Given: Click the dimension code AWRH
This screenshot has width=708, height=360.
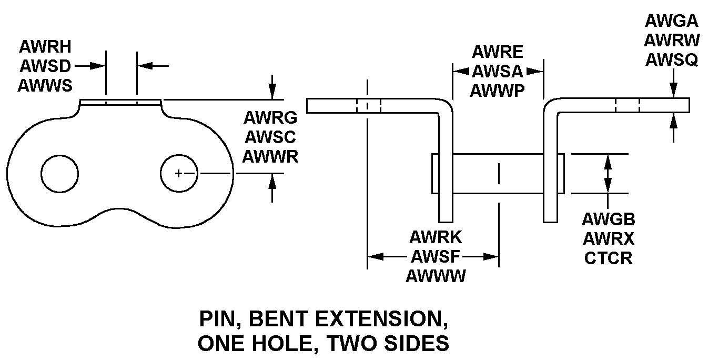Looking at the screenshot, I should click(x=45, y=47).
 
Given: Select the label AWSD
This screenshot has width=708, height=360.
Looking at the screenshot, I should click(x=45, y=66).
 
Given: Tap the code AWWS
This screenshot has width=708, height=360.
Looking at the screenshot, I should click(x=45, y=85).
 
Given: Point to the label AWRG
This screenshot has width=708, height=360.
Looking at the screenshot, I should click(x=271, y=117).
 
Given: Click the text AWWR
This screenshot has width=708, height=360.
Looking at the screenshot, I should click(x=271, y=156).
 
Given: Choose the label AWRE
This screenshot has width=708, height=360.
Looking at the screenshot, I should click(x=498, y=52).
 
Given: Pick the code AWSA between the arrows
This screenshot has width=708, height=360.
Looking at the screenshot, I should click(x=498, y=71).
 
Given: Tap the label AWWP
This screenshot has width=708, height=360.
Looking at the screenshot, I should click(x=498, y=91).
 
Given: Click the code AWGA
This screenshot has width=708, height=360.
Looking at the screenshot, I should click(x=671, y=21).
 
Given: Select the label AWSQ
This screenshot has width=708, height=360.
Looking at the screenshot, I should click(x=671, y=60).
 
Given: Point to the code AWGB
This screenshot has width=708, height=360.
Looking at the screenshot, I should click(x=609, y=219).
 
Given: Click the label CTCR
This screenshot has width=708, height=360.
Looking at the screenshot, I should click(x=609, y=258).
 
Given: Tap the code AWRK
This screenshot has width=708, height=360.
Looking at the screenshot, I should click(x=436, y=237).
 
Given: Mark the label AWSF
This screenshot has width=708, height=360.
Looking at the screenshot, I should click(x=436, y=257).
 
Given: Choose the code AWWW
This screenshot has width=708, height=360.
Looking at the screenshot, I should click(x=436, y=276).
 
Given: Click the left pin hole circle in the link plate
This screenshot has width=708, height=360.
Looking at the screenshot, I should click(x=60, y=173).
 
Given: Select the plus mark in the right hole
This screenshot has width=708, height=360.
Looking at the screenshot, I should click(x=179, y=173).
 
